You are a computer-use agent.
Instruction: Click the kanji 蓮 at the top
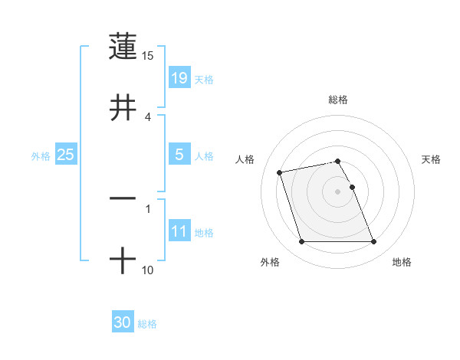[x=123, y=45]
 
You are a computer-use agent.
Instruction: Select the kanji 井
[x=123, y=107]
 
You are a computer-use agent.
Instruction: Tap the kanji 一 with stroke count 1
[x=123, y=198]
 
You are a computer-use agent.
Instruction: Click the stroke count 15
[x=148, y=56]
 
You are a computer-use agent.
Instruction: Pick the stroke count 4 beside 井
[x=149, y=116]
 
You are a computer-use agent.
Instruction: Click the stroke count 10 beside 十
[x=148, y=270]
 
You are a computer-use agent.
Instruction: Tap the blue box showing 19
[x=179, y=77]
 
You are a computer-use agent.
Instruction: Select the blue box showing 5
[x=179, y=155]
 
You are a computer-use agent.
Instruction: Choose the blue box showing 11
[x=179, y=231]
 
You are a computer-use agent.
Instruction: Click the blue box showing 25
[x=66, y=155]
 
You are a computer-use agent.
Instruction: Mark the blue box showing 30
[x=123, y=322]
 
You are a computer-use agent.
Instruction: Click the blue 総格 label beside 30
[x=147, y=324]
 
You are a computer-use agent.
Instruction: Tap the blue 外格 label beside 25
[x=41, y=156]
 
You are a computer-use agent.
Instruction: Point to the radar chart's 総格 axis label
[x=338, y=100]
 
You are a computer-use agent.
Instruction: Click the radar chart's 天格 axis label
[x=432, y=159]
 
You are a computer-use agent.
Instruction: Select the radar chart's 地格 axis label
[x=402, y=263]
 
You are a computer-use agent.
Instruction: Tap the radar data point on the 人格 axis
[x=280, y=172]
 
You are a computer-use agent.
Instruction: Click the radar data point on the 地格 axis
[x=373, y=242]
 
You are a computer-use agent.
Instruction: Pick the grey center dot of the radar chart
[x=338, y=191]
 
